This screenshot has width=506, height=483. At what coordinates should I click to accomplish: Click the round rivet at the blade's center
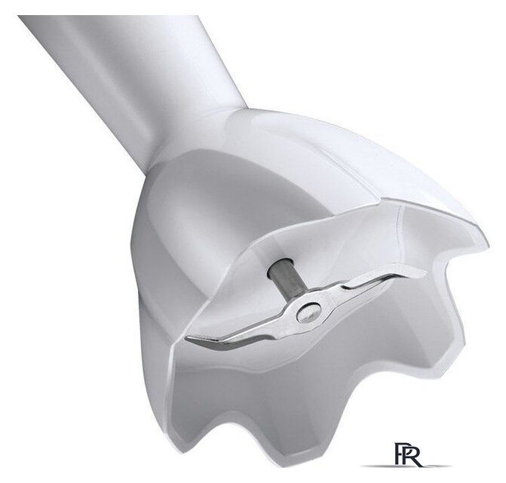[x=309, y=312]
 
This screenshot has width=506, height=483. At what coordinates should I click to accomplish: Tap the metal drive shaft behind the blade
[x=287, y=278]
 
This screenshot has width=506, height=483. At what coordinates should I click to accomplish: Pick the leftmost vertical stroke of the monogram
[x=397, y=455]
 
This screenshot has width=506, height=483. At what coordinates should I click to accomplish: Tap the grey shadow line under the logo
[x=407, y=466]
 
